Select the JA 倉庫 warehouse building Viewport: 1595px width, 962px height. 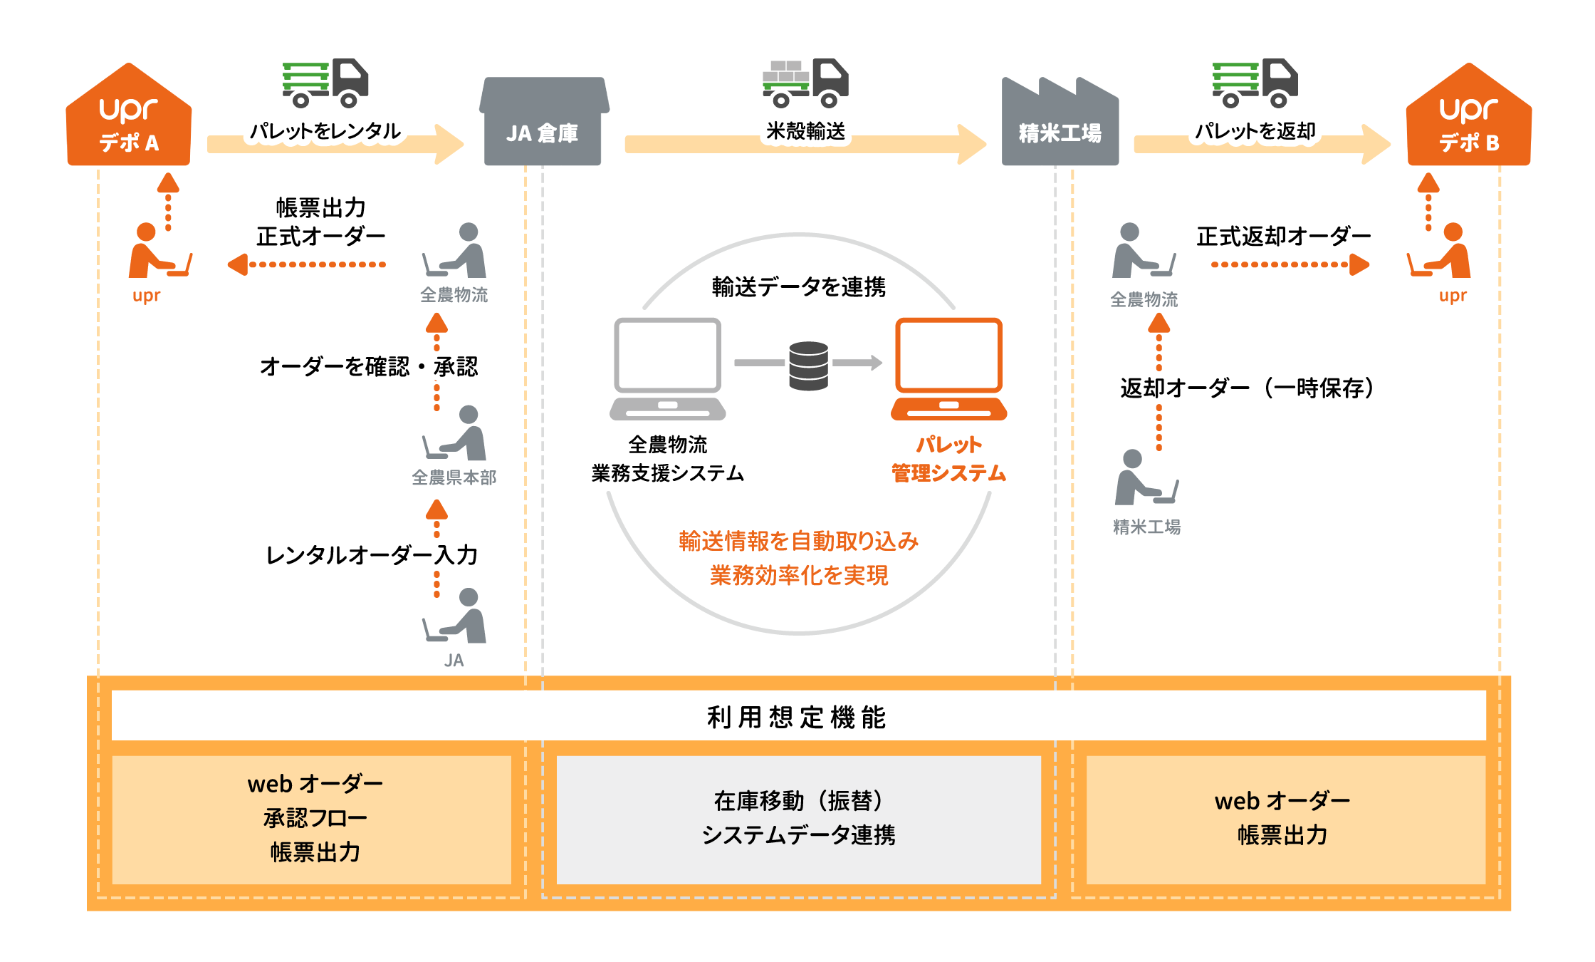543,123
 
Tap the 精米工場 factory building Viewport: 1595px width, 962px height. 1060,123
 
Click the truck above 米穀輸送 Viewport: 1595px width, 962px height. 805,83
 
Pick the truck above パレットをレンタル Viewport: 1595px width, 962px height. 325,83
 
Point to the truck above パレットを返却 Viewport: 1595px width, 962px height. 1255,83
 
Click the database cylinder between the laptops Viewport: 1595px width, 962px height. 808,366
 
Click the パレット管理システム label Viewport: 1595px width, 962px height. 948,459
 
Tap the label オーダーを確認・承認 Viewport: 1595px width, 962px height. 369,366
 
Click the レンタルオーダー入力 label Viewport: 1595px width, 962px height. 372,555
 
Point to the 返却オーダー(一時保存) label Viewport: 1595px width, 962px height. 1246,388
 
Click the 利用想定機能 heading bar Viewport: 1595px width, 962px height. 797,716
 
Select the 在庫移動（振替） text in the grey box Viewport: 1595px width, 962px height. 798,801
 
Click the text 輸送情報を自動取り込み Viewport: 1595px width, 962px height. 798,542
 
